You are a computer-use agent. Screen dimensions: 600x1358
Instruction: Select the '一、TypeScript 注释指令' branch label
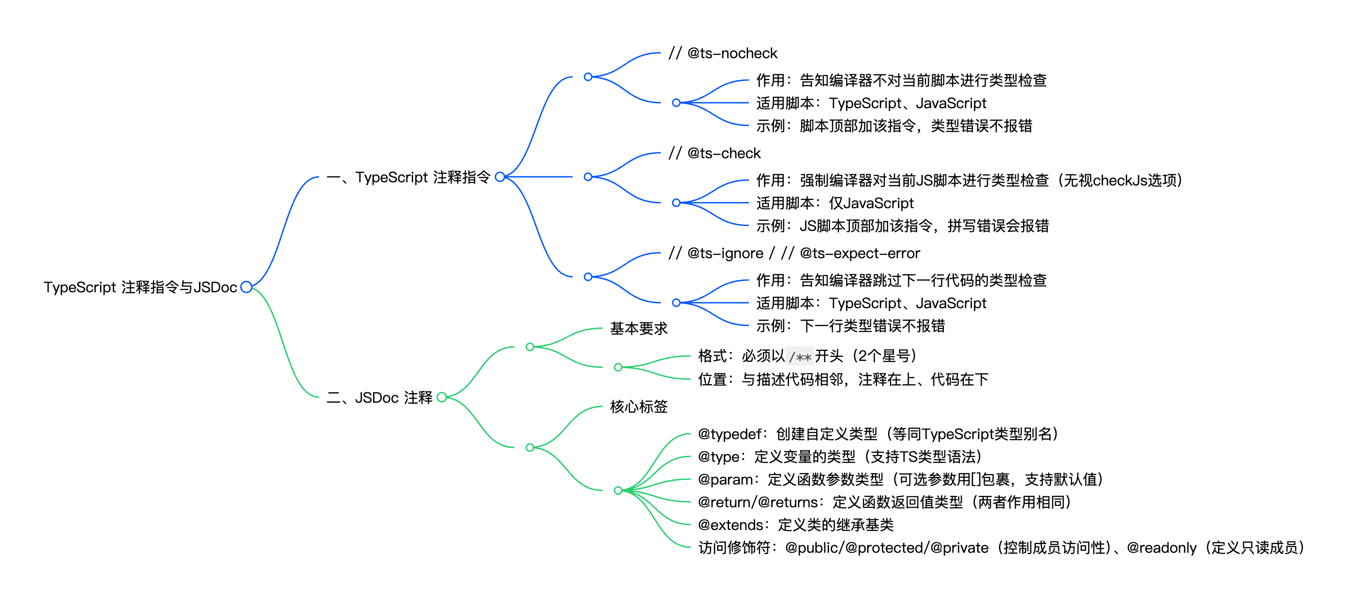[x=408, y=177]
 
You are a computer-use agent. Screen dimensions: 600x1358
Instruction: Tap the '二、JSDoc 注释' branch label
[x=379, y=398]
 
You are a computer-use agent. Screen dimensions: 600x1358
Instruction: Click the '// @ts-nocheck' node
[x=723, y=53]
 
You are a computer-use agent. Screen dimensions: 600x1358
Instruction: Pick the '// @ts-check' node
[x=714, y=154]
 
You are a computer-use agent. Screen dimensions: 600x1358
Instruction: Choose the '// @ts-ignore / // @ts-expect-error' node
[x=794, y=254]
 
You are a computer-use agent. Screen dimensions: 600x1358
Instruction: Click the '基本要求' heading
[x=639, y=329]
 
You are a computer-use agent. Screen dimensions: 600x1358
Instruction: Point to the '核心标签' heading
[x=639, y=406]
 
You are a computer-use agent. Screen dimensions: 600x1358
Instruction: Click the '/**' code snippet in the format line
[x=800, y=357]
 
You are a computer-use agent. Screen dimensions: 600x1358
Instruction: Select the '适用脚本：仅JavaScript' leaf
[x=834, y=203]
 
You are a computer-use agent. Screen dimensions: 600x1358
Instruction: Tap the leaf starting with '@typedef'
[x=878, y=434]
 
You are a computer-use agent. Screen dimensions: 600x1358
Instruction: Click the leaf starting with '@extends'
[x=795, y=525]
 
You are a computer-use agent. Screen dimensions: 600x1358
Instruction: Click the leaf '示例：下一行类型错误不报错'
[x=850, y=326]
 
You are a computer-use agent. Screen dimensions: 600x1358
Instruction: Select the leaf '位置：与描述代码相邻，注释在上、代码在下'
[x=843, y=380]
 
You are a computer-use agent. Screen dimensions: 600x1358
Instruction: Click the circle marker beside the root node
[x=246, y=287]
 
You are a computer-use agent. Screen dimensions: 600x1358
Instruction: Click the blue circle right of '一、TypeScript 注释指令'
[x=500, y=177]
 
